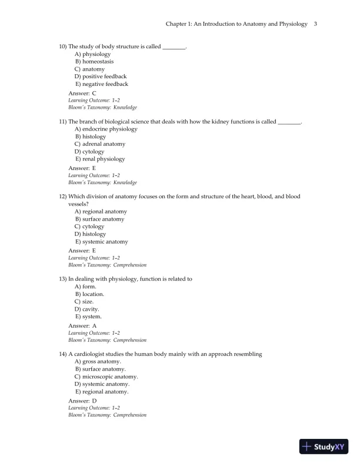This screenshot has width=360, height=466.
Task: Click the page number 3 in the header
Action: pos(316,24)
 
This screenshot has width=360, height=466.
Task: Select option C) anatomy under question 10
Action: pos(89,69)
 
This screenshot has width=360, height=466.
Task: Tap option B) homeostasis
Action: pos(94,61)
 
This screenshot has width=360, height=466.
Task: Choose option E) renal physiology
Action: pos(100,159)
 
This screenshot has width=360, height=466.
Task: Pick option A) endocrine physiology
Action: pos(106,129)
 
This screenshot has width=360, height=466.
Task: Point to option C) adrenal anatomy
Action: pos(99,144)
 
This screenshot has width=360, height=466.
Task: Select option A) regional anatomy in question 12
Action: pos(101,211)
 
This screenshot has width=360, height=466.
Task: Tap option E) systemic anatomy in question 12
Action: pos(101,242)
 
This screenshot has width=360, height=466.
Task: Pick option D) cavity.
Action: pos(86,309)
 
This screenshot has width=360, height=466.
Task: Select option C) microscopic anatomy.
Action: pos(106,377)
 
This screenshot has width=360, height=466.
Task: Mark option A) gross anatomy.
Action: pos(98,362)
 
